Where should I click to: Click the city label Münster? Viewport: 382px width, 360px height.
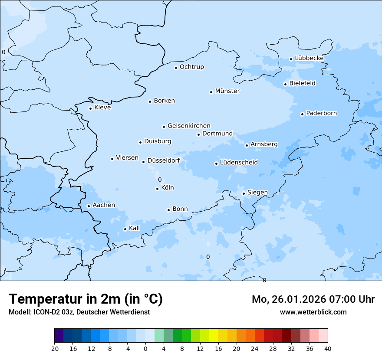pos(227,91)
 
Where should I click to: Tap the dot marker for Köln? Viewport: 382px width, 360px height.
pos(157,189)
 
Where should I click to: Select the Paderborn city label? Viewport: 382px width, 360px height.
pos(321,114)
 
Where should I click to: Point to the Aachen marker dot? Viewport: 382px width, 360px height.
pos(89,206)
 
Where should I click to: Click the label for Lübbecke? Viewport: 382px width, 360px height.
pos(309,59)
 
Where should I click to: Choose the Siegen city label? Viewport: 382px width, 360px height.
pos(257,193)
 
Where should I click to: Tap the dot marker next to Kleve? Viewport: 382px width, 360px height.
pos(90,108)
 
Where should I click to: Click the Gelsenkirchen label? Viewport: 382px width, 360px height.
pos(189,126)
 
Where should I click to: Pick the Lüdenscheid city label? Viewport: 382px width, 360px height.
pos(239,163)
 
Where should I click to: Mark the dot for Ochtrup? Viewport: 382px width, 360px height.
pos(176,67)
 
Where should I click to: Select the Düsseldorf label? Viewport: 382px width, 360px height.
pos(164,161)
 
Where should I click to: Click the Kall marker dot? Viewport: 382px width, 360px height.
pos(125,229)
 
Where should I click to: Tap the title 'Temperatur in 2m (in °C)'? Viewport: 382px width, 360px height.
pos(86,299)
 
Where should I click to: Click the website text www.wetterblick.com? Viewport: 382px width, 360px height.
pos(313,312)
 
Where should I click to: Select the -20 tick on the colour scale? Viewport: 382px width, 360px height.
pos(54,349)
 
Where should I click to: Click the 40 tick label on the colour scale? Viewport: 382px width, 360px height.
pos(328,349)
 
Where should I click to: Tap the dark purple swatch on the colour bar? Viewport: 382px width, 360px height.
pos(59,336)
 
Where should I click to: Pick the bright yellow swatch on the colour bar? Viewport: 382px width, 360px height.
pos(214,336)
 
